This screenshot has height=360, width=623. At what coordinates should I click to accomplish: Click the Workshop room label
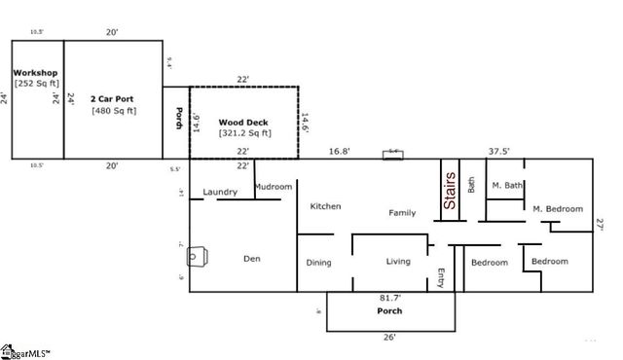(35, 73)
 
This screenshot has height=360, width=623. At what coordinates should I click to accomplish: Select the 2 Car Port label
(114, 99)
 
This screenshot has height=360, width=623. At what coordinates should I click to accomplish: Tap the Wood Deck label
(243, 123)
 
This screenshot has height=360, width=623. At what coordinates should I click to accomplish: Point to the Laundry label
(220, 192)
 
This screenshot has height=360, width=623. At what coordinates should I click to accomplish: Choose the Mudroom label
(273, 186)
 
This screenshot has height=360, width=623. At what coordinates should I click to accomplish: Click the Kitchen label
(325, 206)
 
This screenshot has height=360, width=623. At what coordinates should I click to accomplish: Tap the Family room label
(402, 212)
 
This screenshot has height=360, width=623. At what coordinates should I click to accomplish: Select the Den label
(252, 259)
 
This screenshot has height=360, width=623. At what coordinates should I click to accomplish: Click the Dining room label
(319, 262)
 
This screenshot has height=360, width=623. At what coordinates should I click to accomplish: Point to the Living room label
(399, 261)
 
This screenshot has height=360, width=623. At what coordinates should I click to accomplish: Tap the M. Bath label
(507, 185)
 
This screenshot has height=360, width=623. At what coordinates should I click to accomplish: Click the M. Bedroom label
(557, 209)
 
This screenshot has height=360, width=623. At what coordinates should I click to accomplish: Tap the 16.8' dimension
(339, 151)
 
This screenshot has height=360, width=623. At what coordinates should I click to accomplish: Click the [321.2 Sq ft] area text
(244, 133)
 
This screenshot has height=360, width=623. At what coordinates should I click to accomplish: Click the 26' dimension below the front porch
(389, 338)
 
